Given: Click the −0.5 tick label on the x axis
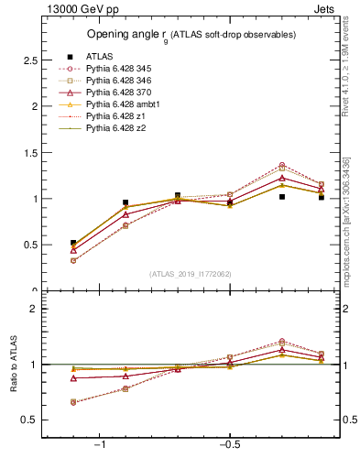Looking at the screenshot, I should (228, 444).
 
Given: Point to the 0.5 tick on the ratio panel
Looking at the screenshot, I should (30, 420).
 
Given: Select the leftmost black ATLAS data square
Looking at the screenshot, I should (73, 243).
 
